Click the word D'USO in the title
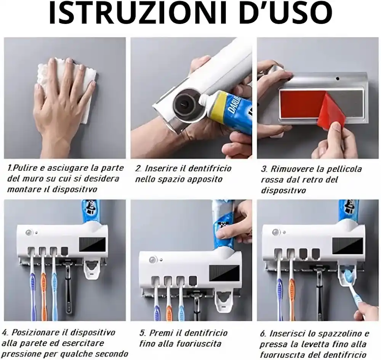(x=286, y=13)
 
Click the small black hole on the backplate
(x=338, y=78)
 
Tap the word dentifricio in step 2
(x=210, y=168)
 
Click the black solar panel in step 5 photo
(x=224, y=273)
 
